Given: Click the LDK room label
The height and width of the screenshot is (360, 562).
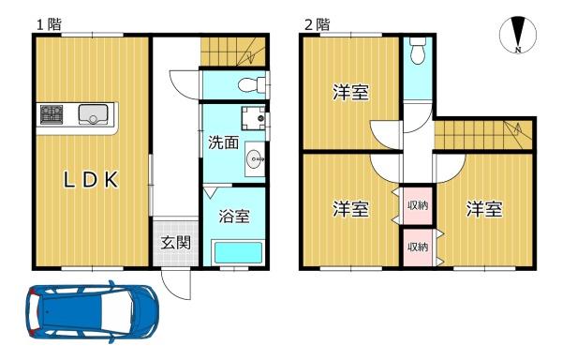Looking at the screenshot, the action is click(91, 180).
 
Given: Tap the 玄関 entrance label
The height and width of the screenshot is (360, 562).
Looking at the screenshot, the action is click(175, 244).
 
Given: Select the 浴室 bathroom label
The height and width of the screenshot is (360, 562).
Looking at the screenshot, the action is click(234, 216).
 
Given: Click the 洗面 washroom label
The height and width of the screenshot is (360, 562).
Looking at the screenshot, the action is click(224, 142).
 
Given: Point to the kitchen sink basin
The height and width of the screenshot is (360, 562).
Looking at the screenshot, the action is click(93, 114).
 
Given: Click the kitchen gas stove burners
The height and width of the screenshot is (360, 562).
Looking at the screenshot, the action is click(52, 114).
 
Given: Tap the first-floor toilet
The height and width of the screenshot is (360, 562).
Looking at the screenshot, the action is click(251, 84).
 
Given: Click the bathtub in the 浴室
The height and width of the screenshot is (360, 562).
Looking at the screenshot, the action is click(238, 252).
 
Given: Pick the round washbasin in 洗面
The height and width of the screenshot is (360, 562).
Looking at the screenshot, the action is click(255, 157).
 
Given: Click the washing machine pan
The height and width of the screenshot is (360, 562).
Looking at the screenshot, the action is click(253, 118).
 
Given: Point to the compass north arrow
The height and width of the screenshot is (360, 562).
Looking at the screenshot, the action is click(518, 35).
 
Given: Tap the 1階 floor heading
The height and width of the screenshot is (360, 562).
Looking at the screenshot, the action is click(50, 24).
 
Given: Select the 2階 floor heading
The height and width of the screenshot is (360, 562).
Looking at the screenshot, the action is click(317, 24).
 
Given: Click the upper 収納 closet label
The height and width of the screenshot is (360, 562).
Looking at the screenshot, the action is click(418, 205).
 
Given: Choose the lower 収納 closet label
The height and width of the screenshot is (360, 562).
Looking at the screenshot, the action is click(418, 247).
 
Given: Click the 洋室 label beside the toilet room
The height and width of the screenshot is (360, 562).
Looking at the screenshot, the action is click(351, 92).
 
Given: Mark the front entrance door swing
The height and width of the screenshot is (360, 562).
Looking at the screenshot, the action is click(176, 284).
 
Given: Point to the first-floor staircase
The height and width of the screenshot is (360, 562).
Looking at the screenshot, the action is click(232, 52).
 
